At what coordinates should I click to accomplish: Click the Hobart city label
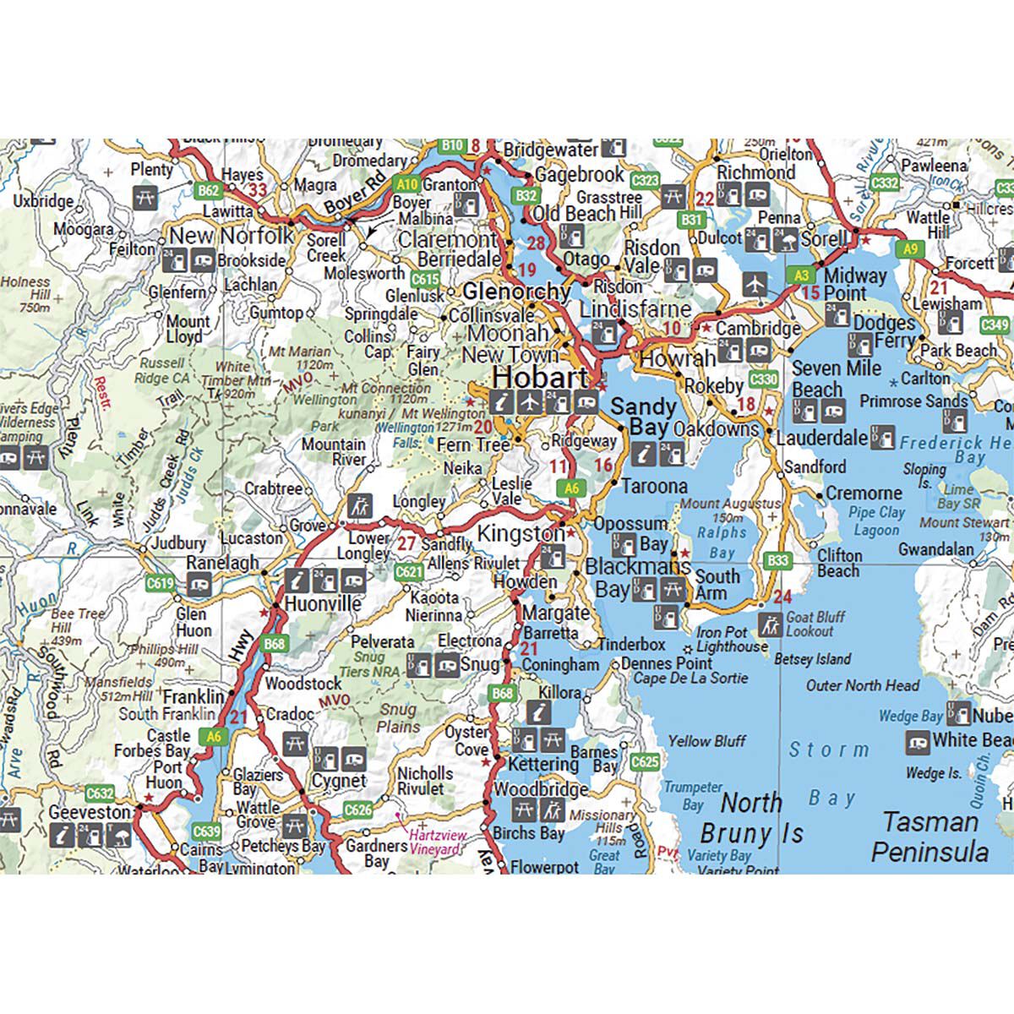[x=540, y=377]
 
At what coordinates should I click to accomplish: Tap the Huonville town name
[x=323, y=604]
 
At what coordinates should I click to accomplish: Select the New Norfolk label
[x=231, y=235]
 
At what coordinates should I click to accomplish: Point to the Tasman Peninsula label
[x=929, y=837]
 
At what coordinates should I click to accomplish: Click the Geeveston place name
[x=90, y=812]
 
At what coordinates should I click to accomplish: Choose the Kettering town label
[x=543, y=765]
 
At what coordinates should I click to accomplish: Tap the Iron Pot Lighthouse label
[x=732, y=640]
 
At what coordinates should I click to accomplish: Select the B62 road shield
[x=208, y=191]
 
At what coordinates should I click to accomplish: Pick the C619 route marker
[x=160, y=582]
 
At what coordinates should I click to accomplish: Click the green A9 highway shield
[x=909, y=249]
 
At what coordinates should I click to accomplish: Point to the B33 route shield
[x=777, y=560]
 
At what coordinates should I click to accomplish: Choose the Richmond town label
[x=755, y=172]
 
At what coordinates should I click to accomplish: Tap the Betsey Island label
[x=812, y=659]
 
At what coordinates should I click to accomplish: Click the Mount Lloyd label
[x=188, y=329]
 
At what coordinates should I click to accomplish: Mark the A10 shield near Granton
[x=407, y=183]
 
